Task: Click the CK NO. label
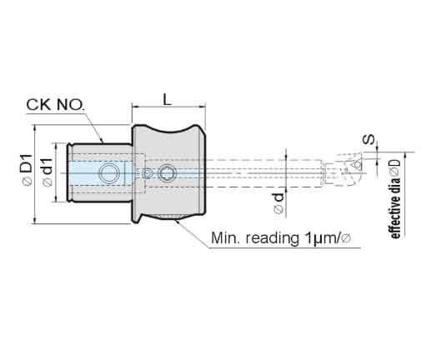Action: (x=55, y=105)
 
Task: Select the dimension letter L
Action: (x=167, y=99)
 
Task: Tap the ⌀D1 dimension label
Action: (x=28, y=169)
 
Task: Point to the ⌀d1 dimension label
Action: (x=48, y=172)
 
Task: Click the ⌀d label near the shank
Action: (x=279, y=202)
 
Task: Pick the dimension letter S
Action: (x=369, y=139)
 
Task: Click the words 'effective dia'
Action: (x=395, y=207)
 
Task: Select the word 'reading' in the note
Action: (x=272, y=238)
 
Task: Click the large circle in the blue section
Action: (x=108, y=173)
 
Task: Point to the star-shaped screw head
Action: (x=168, y=173)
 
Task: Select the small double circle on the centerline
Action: (x=147, y=173)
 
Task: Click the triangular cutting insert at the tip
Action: (x=356, y=165)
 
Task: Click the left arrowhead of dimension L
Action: (x=134, y=107)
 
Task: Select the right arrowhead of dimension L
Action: (x=203, y=107)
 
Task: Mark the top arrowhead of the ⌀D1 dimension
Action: (x=35, y=128)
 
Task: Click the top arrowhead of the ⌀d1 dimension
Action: (x=57, y=146)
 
